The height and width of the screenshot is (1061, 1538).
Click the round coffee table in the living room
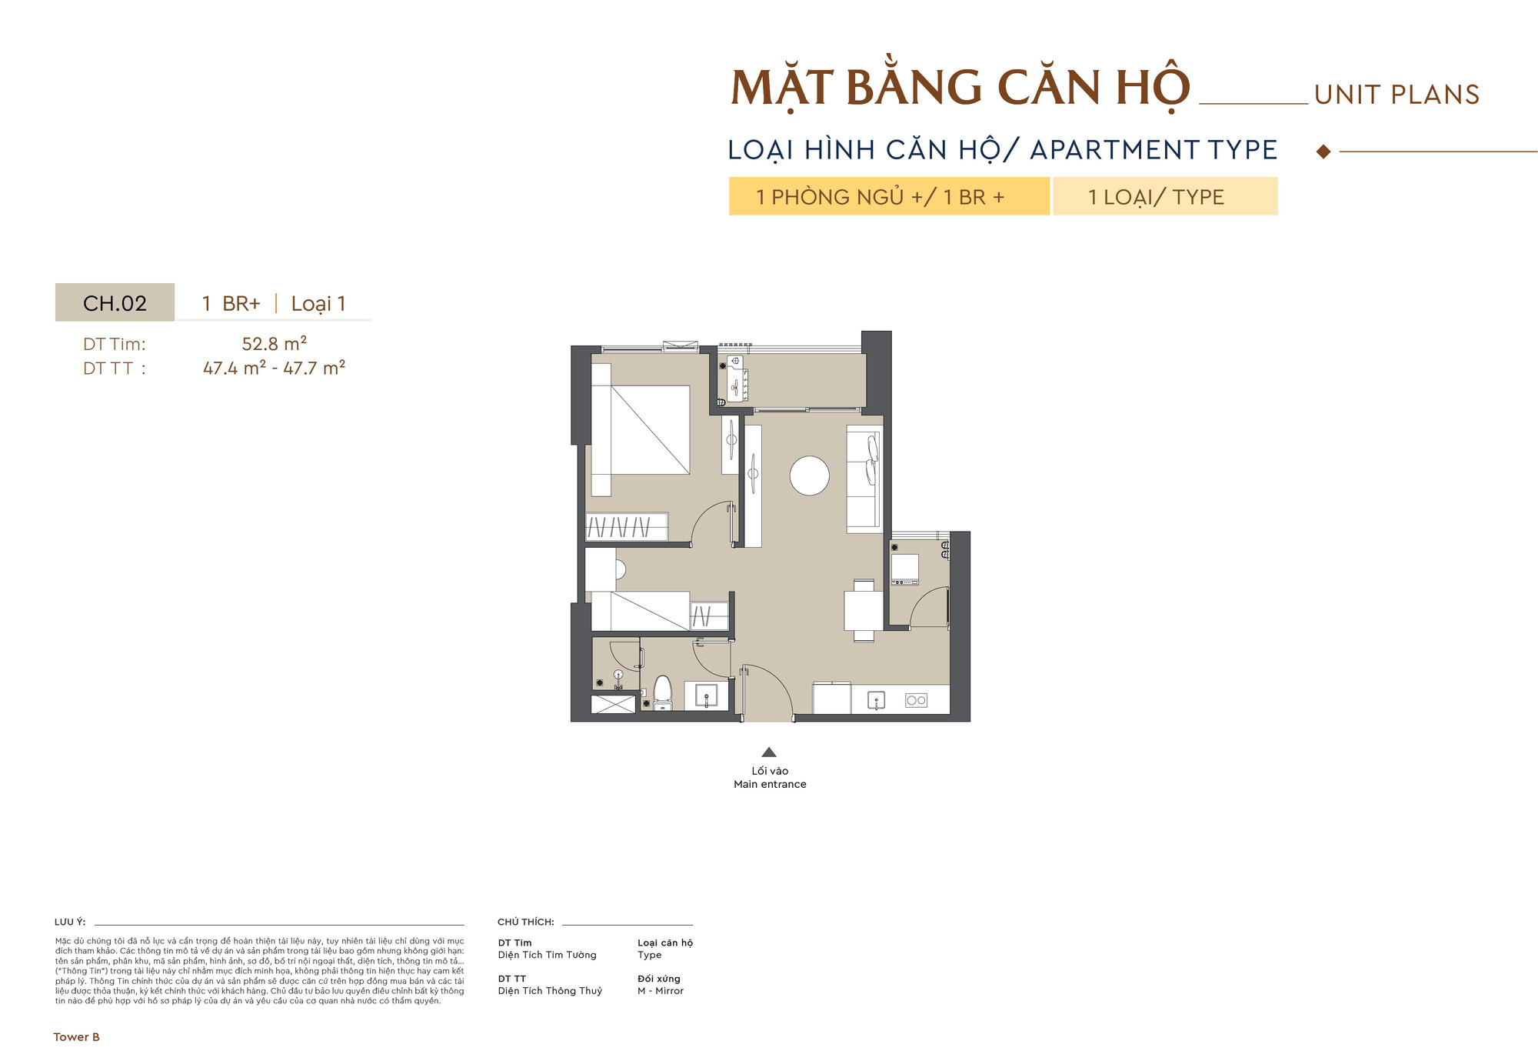click(809, 475)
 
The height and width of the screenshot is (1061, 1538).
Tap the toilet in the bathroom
click(662, 692)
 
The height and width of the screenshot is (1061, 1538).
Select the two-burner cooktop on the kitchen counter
click(916, 700)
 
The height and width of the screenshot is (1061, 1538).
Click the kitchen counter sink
click(876, 700)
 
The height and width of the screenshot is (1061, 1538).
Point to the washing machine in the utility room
click(904, 569)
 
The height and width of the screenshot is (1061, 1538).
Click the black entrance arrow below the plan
click(769, 752)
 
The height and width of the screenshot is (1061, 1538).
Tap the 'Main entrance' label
click(770, 784)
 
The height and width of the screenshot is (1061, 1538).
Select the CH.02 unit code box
click(115, 303)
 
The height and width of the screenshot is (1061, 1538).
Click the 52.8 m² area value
click(275, 344)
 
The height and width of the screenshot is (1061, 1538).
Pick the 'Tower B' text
click(76, 1037)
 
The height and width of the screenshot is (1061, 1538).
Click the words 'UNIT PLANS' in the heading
click(1397, 95)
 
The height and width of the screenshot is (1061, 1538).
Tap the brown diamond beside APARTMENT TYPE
click(1323, 152)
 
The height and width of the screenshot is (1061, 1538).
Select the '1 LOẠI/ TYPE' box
click(1164, 197)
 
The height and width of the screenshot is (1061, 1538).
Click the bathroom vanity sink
click(706, 696)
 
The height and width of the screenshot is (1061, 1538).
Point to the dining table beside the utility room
click(864, 611)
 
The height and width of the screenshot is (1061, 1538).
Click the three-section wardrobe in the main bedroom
click(627, 527)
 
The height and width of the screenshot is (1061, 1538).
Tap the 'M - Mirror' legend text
click(660, 991)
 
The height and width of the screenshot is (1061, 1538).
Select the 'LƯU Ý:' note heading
click(70, 922)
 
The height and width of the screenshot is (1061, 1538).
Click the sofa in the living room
click(864, 479)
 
